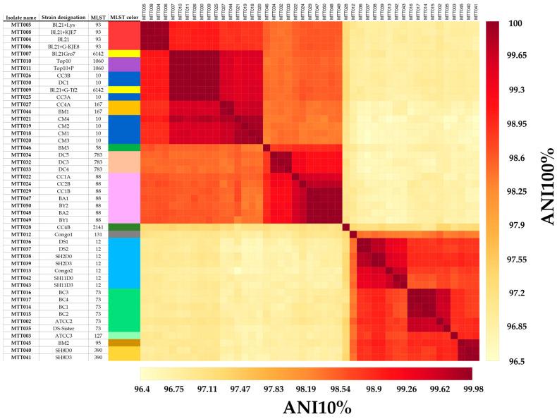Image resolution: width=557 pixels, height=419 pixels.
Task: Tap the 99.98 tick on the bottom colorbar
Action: click(x=457, y=388)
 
